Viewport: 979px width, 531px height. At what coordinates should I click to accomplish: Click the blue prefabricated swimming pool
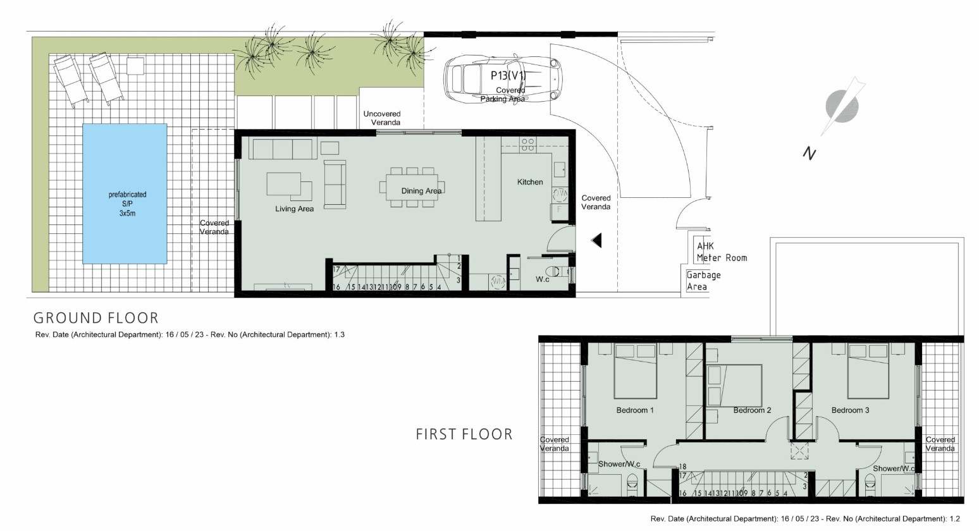click(125, 193)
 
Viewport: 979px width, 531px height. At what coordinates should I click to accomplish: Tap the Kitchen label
click(530, 182)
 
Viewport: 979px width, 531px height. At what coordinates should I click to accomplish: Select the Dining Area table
click(412, 187)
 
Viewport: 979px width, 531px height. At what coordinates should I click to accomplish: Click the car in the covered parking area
click(503, 78)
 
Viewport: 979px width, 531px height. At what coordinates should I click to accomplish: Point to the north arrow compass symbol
click(842, 106)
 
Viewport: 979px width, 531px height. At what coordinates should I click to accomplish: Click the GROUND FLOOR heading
click(95, 318)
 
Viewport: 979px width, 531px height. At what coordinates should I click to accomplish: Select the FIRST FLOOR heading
click(464, 434)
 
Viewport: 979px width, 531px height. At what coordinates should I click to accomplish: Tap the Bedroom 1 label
click(634, 410)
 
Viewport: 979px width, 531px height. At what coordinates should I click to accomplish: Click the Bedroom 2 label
click(752, 410)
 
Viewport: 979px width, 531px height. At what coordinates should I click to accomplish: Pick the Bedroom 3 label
click(850, 410)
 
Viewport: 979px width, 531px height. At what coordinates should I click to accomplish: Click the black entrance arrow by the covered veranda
click(596, 240)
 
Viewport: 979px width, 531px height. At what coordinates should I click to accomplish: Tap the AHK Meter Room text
click(722, 252)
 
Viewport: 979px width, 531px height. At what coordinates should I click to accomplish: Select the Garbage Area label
click(703, 281)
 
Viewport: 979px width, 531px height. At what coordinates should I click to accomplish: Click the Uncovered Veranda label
click(382, 118)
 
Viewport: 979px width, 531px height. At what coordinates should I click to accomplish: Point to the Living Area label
click(294, 209)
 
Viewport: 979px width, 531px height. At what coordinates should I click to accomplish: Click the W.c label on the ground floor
click(543, 279)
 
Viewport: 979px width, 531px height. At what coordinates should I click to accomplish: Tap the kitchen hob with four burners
click(527, 144)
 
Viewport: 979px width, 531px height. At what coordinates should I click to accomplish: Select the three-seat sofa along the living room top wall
click(283, 149)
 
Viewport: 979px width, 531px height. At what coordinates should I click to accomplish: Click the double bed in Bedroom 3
click(868, 371)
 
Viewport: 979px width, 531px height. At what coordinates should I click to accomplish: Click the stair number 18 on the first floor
click(682, 467)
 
